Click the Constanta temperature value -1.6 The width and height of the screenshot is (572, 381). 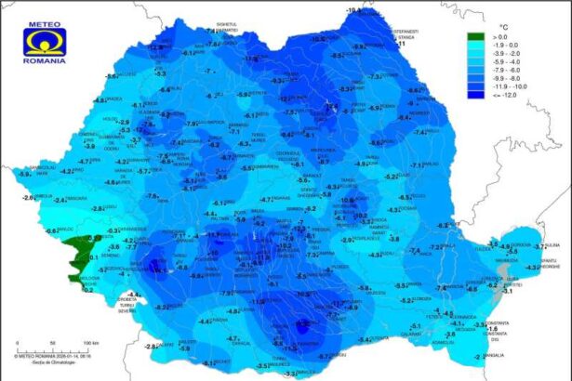click(494, 326)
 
